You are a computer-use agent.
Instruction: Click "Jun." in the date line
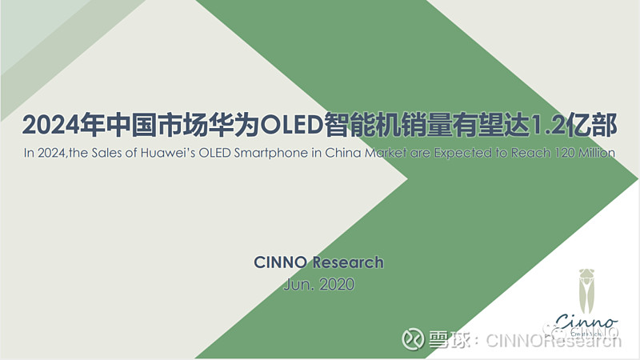point(298,284)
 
